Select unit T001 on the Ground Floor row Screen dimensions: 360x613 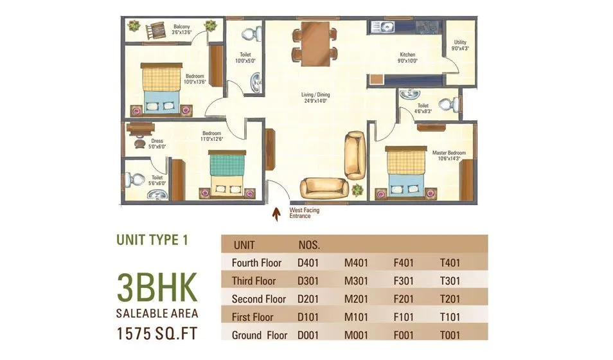pyautogui.click(x=450, y=335)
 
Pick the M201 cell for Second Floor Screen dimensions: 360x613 pyautogui.click(x=356, y=299)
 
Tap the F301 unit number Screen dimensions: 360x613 pyautogui.click(x=405, y=281)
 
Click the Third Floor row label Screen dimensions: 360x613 pyautogui.click(x=254, y=281)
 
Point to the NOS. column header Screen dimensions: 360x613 pyautogui.click(x=309, y=245)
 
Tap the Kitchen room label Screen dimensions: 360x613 pyautogui.click(x=407, y=55)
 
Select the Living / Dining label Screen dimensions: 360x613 pyautogui.click(x=315, y=95)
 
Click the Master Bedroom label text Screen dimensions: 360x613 pyautogui.click(x=449, y=153)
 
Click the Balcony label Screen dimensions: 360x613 pyautogui.click(x=181, y=27)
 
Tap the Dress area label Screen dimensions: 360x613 pyautogui.click(x=157, y=141)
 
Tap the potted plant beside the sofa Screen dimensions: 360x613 pyautogui.click(x=357, y=190)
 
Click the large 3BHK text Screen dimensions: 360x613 pyautogui.click(x=157, y=287)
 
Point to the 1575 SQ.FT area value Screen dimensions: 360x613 pyautogui.click(x=157, y=334)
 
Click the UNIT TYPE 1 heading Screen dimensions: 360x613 pyautogui.click(x=152, y=240)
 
